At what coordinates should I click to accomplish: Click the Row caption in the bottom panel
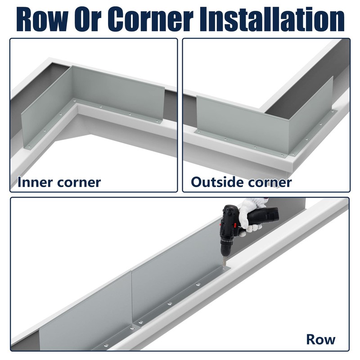pyautogui.click(x=321, y=339)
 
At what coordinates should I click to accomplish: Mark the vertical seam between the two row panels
pyautogui.click(x=131, y=297)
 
